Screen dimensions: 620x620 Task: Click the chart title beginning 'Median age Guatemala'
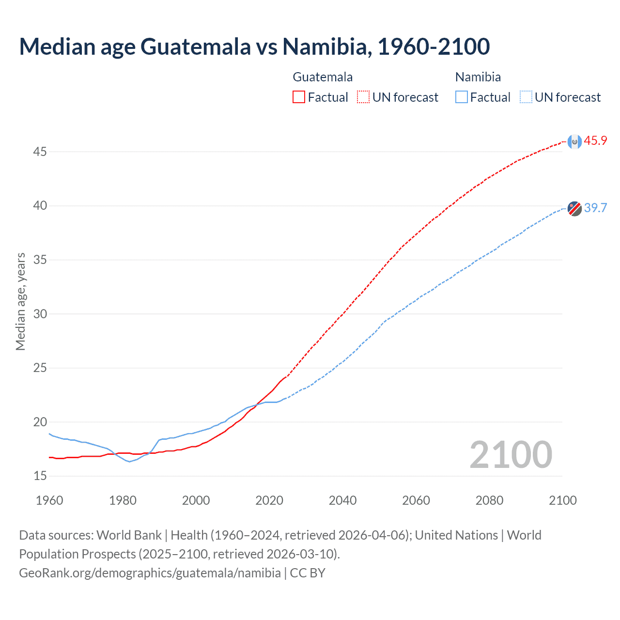(x=254, y=46)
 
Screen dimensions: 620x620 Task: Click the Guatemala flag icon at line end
(x=574, y=141)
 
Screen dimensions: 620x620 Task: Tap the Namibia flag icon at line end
(x=574, y=208)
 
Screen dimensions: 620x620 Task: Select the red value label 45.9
(x=595, y=141)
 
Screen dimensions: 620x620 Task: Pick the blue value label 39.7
(x=595, y=208)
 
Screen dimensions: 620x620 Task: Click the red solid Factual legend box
(x=299, y=97)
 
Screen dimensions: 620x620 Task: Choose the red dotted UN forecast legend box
(x=363, y=97)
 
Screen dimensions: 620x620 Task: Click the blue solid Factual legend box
(x=461, y=97)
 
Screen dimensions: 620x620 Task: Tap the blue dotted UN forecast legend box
(x=526, y=97)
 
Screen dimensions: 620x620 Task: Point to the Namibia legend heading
(x=478, y=77)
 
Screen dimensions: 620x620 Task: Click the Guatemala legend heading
(x=323, y=77)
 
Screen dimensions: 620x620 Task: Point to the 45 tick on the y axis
(x=40, y=152)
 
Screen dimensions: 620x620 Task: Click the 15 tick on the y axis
(x=40, y=476)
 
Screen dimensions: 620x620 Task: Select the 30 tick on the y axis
(x=40, y=314)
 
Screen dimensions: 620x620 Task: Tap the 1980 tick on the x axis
(x=123, y=500)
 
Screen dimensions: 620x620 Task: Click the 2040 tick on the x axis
(x=342, y=500)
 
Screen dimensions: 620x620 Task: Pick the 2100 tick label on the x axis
(x=562, y=500)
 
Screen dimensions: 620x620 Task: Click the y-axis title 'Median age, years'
(x=20, y=301)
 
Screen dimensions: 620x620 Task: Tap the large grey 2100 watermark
(x=511, y=454)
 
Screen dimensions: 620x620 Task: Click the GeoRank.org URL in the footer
(x=150, y=573)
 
